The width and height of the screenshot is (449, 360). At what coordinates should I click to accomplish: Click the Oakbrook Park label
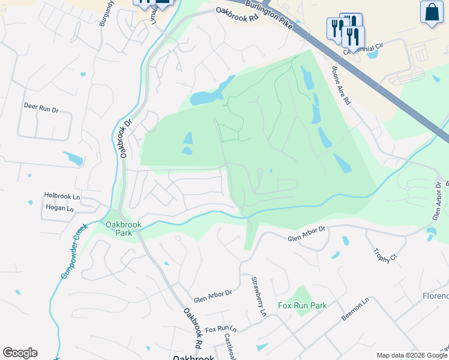(x=123, y=229)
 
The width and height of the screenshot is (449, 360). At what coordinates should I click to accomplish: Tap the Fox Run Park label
(x=303, y=305)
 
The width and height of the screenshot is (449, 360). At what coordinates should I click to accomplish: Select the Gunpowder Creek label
(x=74, y=251)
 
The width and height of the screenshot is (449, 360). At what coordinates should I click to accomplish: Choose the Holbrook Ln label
(x=62, y=196)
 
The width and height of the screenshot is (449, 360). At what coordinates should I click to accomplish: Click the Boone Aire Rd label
(x=340, y=85)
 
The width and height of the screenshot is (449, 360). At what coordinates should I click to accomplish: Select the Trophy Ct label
(x=385, y=256)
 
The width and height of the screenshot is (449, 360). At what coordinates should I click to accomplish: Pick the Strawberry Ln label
(x=258, y=296)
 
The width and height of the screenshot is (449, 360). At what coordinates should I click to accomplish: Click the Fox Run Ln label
(x=221, y=329)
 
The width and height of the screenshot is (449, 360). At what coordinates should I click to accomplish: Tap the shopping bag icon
(x=432, y=12)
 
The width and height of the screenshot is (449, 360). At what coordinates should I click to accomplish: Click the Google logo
(x=20, y=353)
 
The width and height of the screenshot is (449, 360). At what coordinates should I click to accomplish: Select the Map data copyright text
(x=412, y=355)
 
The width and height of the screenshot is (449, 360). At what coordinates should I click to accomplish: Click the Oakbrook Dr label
(x=125, y=139)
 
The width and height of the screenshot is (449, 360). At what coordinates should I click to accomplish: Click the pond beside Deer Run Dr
(x=74, y=159)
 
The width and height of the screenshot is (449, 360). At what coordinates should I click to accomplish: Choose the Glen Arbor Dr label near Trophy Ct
(x=306, y=235)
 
